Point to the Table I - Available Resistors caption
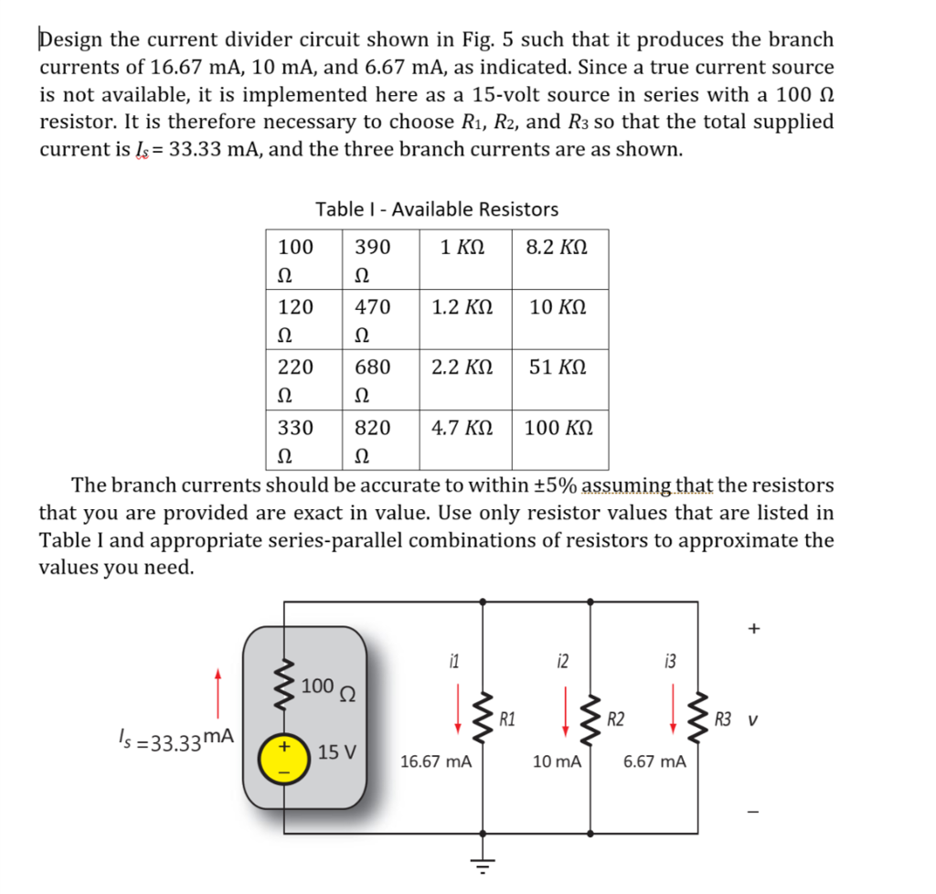437,209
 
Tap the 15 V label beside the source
338,753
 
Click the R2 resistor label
616,718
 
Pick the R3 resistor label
724,718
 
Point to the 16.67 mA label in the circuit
436,761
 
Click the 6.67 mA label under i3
654,761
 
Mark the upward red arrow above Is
218,692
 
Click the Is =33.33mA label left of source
176,738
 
